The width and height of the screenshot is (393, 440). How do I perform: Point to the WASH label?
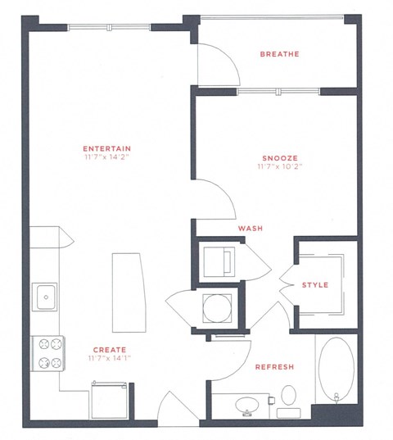pyautogui.click(x=250, y=229)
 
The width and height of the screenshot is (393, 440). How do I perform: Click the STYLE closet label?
pyautogui.click(x=315, y=285)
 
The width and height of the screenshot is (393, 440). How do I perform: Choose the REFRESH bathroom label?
pyautogui.click(x=274, y=366)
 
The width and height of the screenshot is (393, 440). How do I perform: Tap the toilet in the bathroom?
pyautogui.click(x=287, y=398)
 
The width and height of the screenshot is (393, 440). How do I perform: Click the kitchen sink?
pyautogui.click(x=44, y=295)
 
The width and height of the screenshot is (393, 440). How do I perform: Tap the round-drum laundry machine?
pyautogui.click(x=218, y=308)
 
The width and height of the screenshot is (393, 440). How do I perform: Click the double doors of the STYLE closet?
pyautogui.click(x=286, y=284)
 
